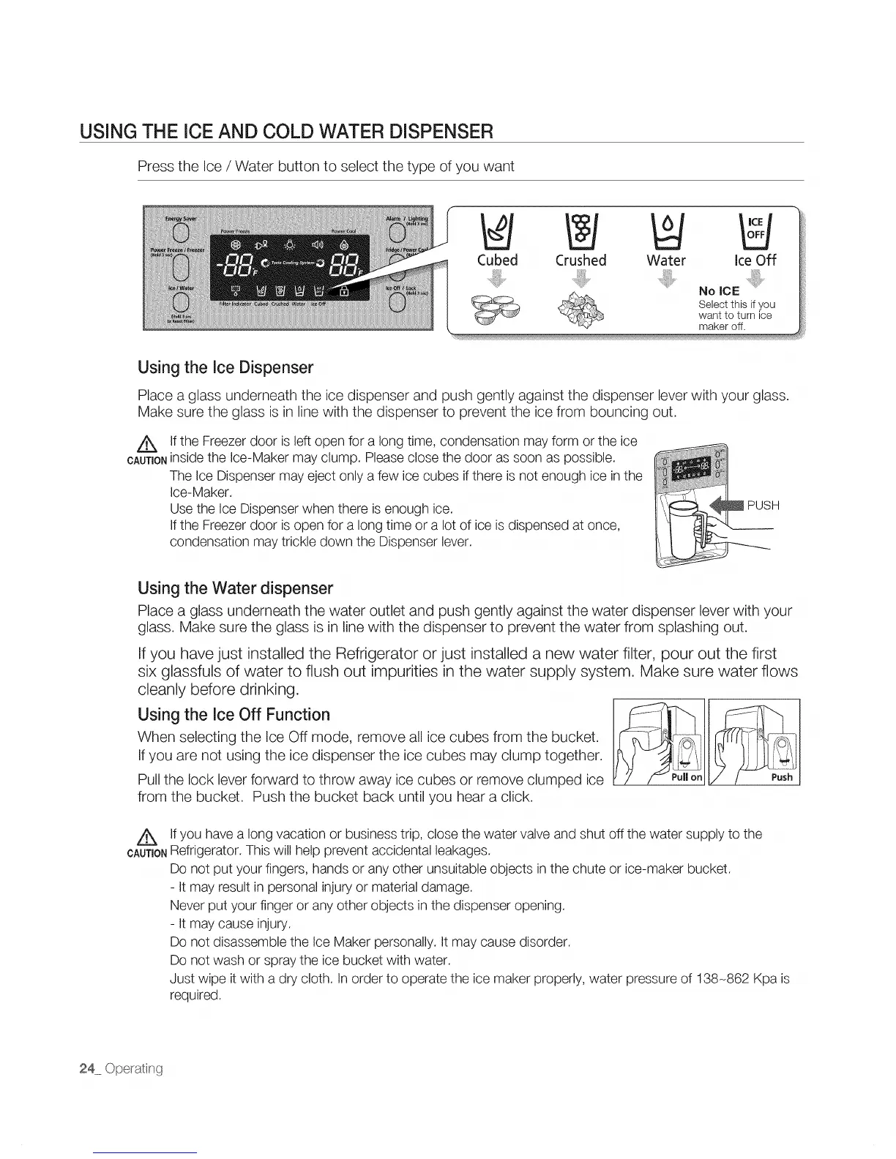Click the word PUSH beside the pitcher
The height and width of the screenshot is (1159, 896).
coord(764,506)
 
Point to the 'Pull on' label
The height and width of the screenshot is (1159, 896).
coord(686,777)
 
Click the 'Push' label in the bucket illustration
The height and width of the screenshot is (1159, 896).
coord(782,777)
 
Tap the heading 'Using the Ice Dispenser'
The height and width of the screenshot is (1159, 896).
coord(225,367)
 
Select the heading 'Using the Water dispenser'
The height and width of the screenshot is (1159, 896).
coord(235,588)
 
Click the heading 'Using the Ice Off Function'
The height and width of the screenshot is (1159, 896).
coord(234,714)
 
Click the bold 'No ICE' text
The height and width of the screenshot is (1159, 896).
coord(719,291)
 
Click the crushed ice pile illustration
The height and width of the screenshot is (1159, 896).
coord(580,311)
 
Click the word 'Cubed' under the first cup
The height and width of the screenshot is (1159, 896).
coord(497,260)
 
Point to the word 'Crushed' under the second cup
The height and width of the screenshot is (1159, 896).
coord(581,260)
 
